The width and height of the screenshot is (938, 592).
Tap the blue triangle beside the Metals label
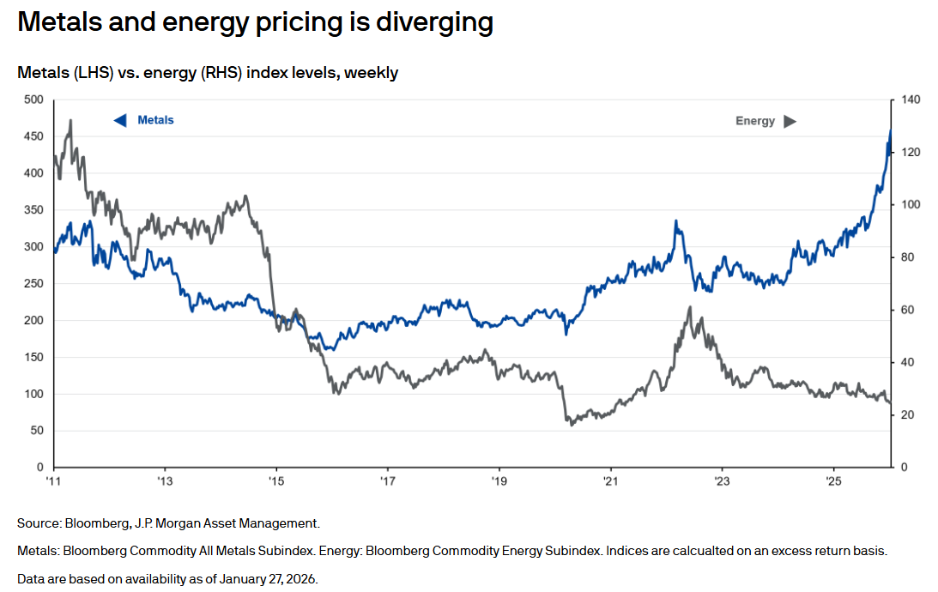120,120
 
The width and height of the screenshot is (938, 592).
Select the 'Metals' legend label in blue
155,120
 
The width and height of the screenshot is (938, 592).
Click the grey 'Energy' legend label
755,121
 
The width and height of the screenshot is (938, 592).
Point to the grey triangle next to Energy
790,121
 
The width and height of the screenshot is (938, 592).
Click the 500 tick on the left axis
33,100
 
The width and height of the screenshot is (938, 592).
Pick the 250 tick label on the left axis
33,283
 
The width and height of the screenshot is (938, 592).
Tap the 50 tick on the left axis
36,431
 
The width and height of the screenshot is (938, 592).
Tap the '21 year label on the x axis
609,481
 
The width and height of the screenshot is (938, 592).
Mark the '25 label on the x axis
832,481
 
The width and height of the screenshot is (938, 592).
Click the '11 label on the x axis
53,481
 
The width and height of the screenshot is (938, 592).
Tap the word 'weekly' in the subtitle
372,73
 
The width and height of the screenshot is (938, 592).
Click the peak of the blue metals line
890,130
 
